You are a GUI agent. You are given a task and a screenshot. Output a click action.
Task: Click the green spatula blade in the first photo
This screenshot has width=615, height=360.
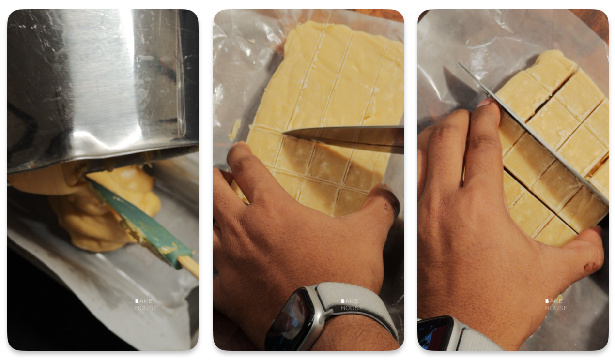pos(140,221)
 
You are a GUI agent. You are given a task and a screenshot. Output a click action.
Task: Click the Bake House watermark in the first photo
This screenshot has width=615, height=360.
pos(146,304)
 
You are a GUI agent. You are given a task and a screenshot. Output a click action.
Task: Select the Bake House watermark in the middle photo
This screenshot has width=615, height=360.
pos(352,304)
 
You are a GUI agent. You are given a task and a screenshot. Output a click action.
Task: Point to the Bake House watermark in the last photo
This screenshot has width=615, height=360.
pos(556,304)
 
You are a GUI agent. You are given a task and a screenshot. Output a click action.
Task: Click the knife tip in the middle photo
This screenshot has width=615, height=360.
pos(284,133)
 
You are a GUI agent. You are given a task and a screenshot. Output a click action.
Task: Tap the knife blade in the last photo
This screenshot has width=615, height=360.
pos(533,132)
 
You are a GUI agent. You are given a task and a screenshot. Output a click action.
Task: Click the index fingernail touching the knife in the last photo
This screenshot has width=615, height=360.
pos(485,103)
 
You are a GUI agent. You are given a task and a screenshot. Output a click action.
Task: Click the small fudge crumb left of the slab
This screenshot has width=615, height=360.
pos(234,130)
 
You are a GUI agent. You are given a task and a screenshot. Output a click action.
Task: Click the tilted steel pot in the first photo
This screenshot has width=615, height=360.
pos(102,88)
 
